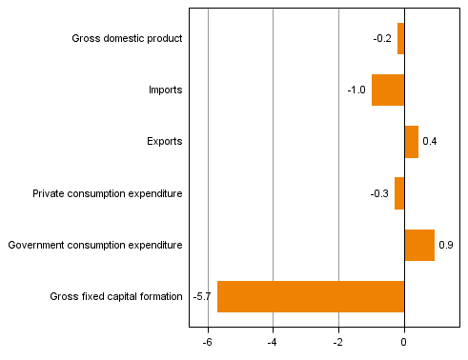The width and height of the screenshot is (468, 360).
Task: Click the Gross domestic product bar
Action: click(x=401, y=39)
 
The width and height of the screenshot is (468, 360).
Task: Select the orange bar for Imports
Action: click(x=388, y=90)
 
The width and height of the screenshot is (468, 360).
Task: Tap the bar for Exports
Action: click(x=411, y=142)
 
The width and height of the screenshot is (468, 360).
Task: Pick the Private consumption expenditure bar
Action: click(x=399, y=193)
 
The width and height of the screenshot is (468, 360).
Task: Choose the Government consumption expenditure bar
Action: click(x=419, y=245)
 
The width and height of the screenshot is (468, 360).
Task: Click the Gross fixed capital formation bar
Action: click(x=311, y=296)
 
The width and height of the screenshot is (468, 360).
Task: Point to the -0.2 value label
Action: click(x=382, y=39)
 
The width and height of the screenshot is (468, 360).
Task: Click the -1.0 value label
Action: click(x=356, y=90)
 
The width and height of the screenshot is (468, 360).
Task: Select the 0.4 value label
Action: click(x=429, y=142)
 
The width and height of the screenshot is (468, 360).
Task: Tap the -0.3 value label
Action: click(x=379, y=193)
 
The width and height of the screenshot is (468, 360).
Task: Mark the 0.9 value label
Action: click(x=445, y=245)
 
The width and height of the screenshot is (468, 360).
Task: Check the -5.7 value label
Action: click(x=202, y=296)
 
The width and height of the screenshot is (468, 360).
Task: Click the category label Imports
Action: click(x=165, y=90)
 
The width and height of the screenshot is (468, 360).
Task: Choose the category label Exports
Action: click(x=165, y=142)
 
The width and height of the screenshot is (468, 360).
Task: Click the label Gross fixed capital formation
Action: click(x=116, y=296)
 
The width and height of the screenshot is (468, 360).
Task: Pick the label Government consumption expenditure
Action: click(x=94, y=245)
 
